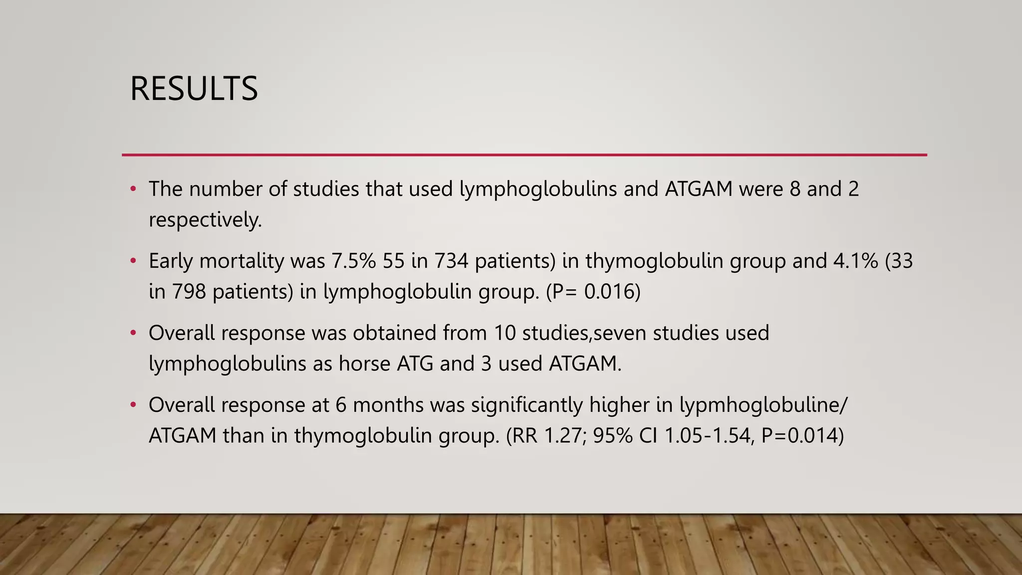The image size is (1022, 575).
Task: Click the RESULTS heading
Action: click(194, 89)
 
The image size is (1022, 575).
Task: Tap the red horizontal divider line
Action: click(524, 155)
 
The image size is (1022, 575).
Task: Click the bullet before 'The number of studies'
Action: click(133, 189)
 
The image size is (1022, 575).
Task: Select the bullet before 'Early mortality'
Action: click(133, 261)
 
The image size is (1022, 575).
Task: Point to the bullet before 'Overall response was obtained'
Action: click(133, 333)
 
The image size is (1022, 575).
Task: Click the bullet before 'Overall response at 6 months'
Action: click(133, 405)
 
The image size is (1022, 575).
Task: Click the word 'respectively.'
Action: click(205, 220)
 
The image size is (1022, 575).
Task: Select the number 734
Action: click(451, 261)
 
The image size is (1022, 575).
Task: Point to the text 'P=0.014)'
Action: click(802, 436)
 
